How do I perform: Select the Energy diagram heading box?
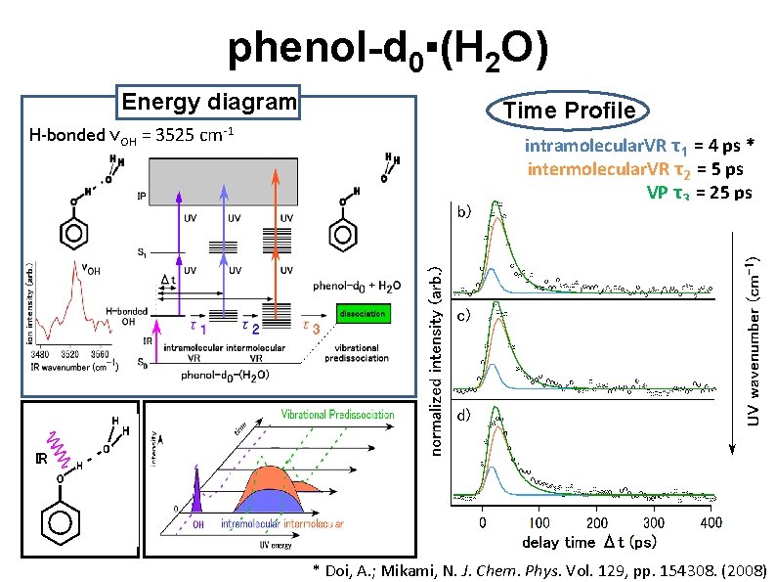click(208, 102)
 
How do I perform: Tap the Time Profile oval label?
click(569, 111)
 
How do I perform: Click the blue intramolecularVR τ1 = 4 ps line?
click(639, 148)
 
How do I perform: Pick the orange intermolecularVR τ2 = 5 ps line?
click(639, 169)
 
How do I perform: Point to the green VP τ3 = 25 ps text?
click(699, 192)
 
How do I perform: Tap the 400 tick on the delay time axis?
click(711, 523)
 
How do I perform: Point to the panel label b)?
click(466, 210)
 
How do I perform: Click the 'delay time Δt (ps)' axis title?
click(589, 542)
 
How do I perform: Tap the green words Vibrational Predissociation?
click(337, 415)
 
